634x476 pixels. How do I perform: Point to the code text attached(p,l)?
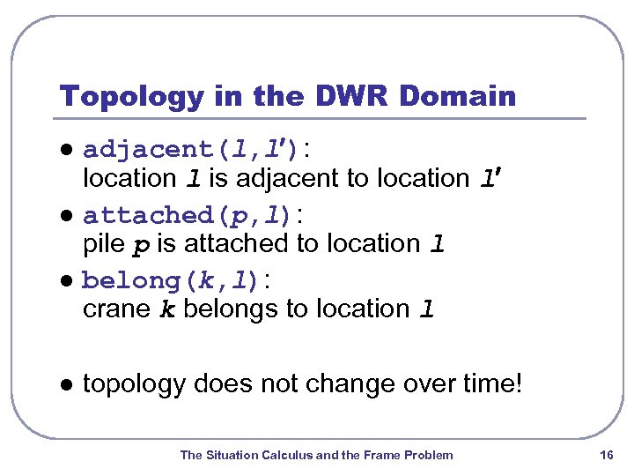[188, 214]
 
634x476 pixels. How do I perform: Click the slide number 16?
[606, 455]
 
